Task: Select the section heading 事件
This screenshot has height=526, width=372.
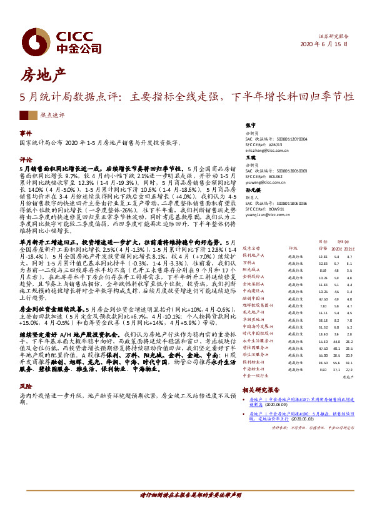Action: [26, 134]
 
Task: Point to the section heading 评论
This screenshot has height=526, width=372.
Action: [26, 159]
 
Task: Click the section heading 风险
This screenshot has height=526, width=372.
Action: [26, 387]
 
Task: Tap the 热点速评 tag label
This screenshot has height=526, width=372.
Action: [52, 116]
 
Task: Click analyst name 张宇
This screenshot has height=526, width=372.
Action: [251, 125]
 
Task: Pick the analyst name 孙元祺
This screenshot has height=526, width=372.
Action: [253, 188]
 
